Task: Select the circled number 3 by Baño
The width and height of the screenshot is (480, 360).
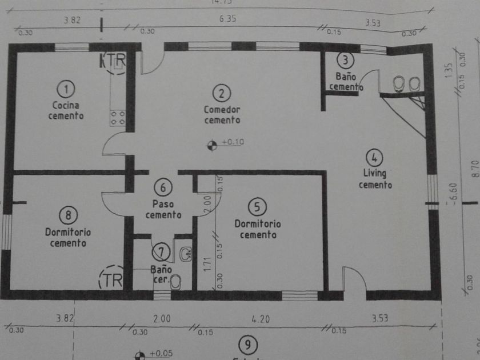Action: tap(345, 59)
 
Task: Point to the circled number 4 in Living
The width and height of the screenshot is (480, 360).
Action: tap(374, 157)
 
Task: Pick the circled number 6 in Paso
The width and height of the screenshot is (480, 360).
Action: tap(163, 187)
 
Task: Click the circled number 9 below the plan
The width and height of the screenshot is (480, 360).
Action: tap(247, 345)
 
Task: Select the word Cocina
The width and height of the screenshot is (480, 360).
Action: tap(66, 105)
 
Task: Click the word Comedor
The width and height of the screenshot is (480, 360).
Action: tap(222, 109)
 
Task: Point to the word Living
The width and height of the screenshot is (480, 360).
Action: tap(374, 173)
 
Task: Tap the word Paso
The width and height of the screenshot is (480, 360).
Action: tap(163, 203)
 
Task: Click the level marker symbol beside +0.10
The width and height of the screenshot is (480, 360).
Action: tap(212, 146)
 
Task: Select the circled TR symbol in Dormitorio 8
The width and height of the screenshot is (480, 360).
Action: tap(111, 279)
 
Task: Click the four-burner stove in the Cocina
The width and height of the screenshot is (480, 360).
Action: tap(118, 118)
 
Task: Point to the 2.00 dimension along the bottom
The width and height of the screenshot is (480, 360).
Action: tap(162, 319)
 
